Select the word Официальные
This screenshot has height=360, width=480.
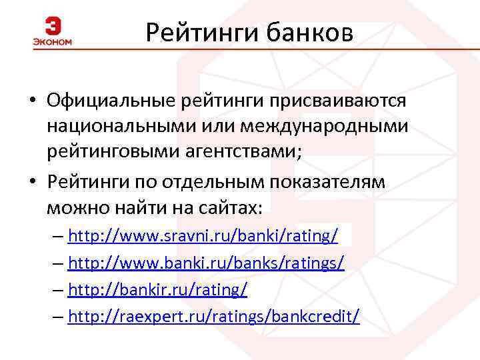click(110, 100)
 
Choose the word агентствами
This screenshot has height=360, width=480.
click(239, 151)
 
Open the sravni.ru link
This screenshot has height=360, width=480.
click(203, 236)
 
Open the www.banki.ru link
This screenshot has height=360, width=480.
click(206, 263)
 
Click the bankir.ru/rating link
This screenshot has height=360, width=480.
click(158, 289)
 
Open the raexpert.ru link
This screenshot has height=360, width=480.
click(213, 316)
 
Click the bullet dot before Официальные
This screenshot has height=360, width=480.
click(31, 101)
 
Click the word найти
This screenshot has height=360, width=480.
click(135, 208)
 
